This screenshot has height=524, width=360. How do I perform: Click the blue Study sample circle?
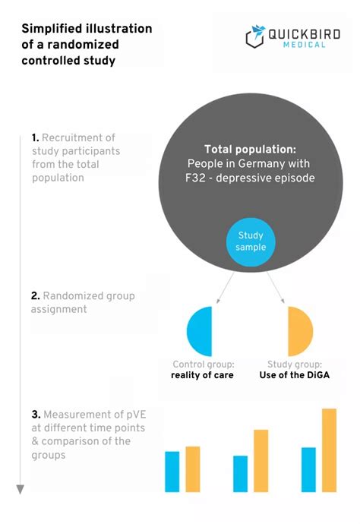tap(251, 242)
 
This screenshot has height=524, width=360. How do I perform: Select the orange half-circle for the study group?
tap(300, 331)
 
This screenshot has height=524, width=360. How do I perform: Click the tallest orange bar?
tap(330, 450)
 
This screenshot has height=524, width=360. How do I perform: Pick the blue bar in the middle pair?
tap(240, 474)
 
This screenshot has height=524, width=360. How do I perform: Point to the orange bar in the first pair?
tap(193, 469)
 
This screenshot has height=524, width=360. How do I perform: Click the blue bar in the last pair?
tap(308, 469)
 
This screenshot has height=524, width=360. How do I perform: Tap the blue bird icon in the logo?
tap(258, 32)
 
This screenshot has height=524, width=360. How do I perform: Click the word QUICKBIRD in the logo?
tap(305, 34)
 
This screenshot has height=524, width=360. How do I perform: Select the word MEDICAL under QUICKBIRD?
tap(305, 45)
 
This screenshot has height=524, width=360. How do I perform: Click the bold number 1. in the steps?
tap(36, 137)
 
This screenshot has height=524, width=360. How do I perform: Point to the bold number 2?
tap(36, 295)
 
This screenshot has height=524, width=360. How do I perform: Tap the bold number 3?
tap(36, 415)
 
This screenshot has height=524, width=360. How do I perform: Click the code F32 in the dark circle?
tap(195, 178)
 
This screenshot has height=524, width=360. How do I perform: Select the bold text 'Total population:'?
tap(251, 149)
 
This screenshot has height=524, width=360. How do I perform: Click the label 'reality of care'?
tap(202, 375)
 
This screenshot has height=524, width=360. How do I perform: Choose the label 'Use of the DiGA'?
tap(295, 375)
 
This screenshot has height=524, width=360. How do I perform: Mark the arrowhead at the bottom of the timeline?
tap(21, 490)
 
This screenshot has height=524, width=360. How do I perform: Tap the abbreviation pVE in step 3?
tap(137, 415)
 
